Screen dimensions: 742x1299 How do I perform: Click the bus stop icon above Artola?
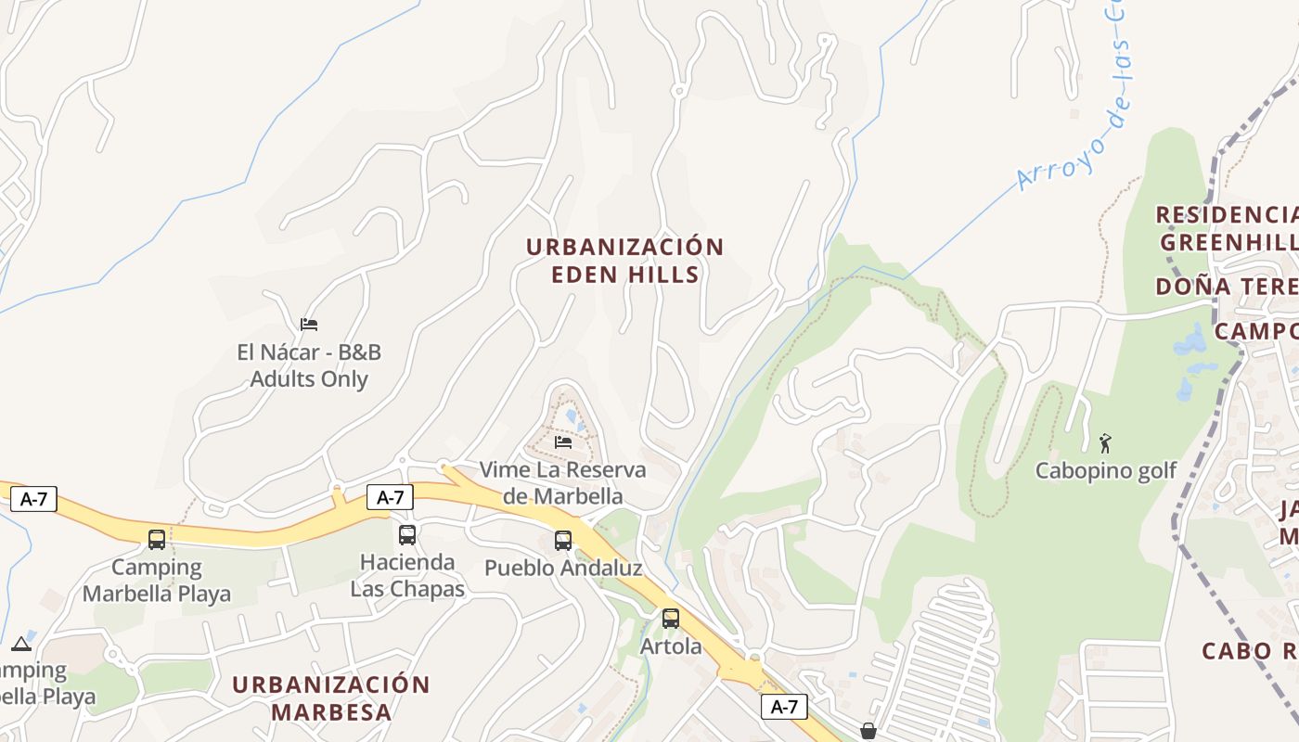[x=670, y=618]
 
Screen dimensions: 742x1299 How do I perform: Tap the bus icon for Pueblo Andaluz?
[x=562, y=540]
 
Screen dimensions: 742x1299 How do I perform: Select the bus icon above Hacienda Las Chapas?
[x=406, y=534]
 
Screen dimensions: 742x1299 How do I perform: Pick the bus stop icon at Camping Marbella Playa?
[x=157, y=539]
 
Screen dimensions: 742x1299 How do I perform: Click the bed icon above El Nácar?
[x=309, y=324]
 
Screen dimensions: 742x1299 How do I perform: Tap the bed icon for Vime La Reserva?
[x=562, y=441]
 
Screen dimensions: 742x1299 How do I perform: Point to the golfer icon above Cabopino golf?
[x=1104, y=442]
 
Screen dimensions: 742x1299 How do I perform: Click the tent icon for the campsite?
[x=21, y=644]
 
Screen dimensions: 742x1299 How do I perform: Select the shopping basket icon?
[x=868, y=732]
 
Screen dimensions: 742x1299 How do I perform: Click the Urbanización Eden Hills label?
[x=624, y=261]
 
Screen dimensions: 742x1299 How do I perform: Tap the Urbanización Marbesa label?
[x=331, y=698]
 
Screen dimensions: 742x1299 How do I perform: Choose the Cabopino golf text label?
[x=1105, y=470]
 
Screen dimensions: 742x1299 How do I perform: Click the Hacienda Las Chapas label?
[x=407, y=575]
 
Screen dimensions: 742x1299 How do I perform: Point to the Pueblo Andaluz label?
[x=563, y=568]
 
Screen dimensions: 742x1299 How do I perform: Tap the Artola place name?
[x=671, y=646]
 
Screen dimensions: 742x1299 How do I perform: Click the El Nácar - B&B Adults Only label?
[x=309, y=365]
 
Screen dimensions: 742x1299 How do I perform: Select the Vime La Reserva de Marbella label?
[x=562, y=482]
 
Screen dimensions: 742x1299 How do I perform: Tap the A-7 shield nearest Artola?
[x=784, y=707]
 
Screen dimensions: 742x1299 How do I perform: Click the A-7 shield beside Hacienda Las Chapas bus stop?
[x=390, y=497]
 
